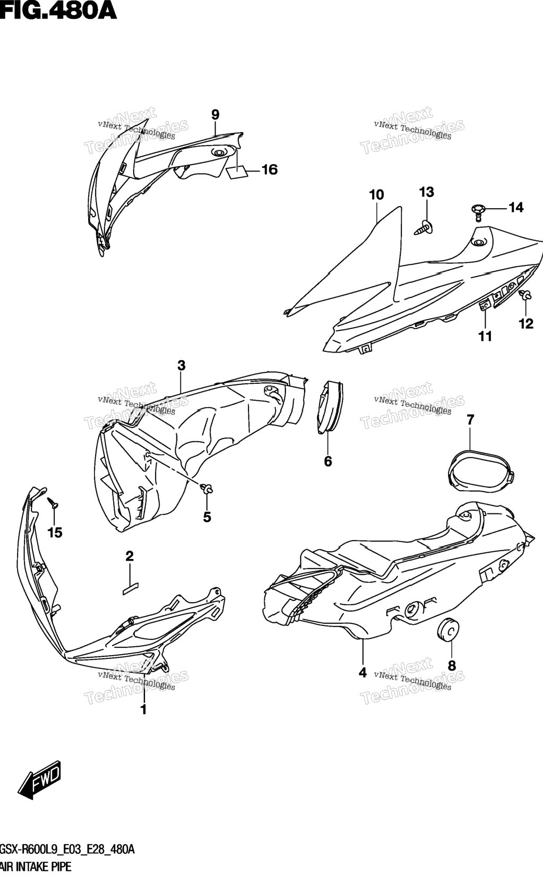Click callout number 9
[216, 115]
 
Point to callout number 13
[427, 192]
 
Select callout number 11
[485, 336]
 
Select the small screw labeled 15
[53, 503]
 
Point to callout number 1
[144, 709]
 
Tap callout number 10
[376, 194]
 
